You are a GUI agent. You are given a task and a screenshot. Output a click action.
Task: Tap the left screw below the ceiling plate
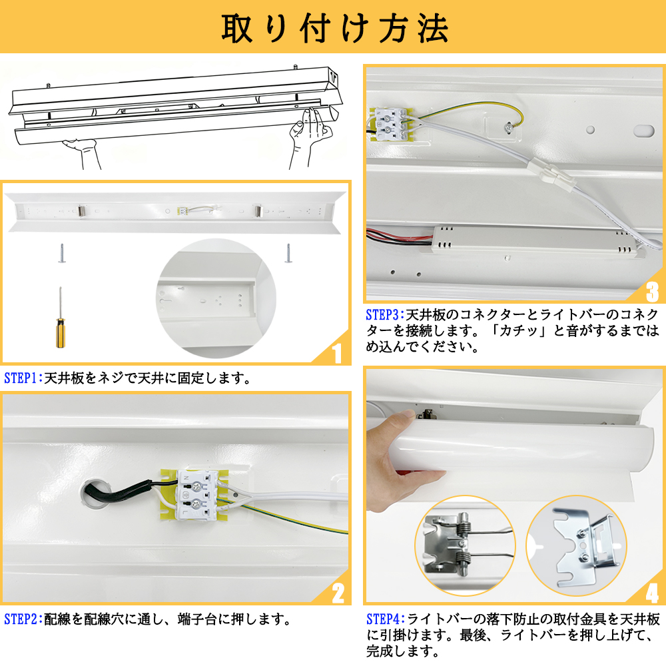tap(61, 254)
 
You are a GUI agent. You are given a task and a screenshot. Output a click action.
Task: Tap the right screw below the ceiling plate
tap(288, 254)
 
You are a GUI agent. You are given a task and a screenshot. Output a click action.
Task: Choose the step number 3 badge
tap(651, 290)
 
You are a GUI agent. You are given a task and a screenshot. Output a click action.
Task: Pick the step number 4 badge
tap(651, 592)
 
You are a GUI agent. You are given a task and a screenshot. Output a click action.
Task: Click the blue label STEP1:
tap(23, 379)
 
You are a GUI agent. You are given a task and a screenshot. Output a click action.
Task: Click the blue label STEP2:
tap(23, 619)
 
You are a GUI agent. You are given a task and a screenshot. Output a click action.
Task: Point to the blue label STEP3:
tap(386, 314)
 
